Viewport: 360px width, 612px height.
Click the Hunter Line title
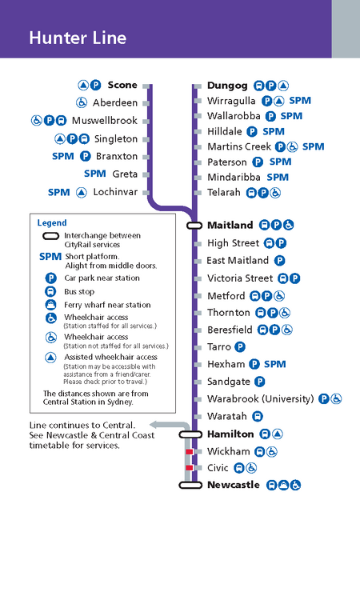point(78,38)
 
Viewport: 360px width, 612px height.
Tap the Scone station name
point(122,85)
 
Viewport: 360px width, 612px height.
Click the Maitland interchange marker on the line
point(194,226)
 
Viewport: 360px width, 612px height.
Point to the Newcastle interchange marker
point(190,485)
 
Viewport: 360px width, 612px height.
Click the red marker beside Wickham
point(190,451)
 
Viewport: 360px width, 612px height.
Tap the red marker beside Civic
point(190,467)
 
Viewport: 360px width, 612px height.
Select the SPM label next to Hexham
point(275,364)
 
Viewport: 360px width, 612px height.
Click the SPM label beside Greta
point(95,174)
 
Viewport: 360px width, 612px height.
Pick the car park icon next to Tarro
point(240,346)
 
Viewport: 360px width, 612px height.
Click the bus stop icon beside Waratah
point(258,417)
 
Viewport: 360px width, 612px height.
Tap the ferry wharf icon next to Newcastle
point(284,485)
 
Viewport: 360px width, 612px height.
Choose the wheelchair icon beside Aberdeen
point(82,102)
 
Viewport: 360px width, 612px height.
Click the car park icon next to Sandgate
point(260,382)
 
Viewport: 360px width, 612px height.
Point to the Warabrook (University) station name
point(261,399)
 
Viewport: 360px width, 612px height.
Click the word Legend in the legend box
point(52,223)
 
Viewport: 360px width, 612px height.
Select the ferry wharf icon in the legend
point(50,305)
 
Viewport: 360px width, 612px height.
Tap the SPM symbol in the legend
point(50,257)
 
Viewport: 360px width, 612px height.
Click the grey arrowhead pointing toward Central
point(153,425)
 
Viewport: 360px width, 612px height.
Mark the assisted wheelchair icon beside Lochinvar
point(82,193)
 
